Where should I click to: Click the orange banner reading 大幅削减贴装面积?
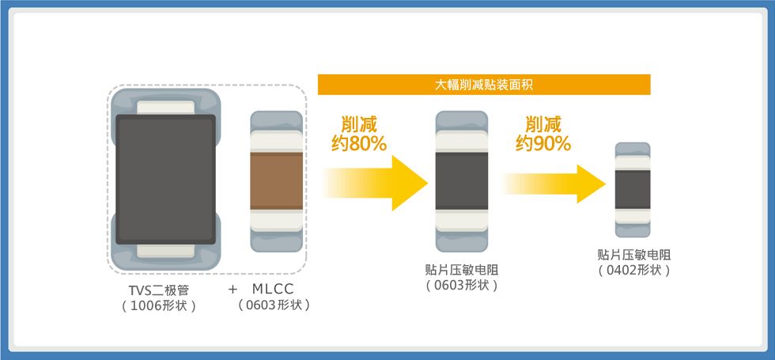coord(484,85)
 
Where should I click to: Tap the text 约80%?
coord(358,143)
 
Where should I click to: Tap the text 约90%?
coord(543,143)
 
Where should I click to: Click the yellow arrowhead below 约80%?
coord(410,183)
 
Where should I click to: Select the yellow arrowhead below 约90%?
coord(592,184)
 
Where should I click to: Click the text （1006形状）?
coord(159,305)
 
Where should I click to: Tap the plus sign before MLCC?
coord(232,290)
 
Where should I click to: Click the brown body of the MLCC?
coord(276,181)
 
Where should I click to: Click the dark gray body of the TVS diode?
coord(165,179)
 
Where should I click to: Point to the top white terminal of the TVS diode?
coord(165,108)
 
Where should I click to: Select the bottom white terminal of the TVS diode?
coord(165,251)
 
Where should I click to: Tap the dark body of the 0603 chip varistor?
coord(462,181)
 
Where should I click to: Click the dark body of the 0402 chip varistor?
coord(633,189)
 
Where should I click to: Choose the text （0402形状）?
coord(634,271)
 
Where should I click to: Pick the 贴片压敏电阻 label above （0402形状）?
coord(634,255)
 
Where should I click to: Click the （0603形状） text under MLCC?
coord(274,305)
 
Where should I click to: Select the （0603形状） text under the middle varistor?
coord(462,286)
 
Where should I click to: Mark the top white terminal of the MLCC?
coord(276,141)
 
